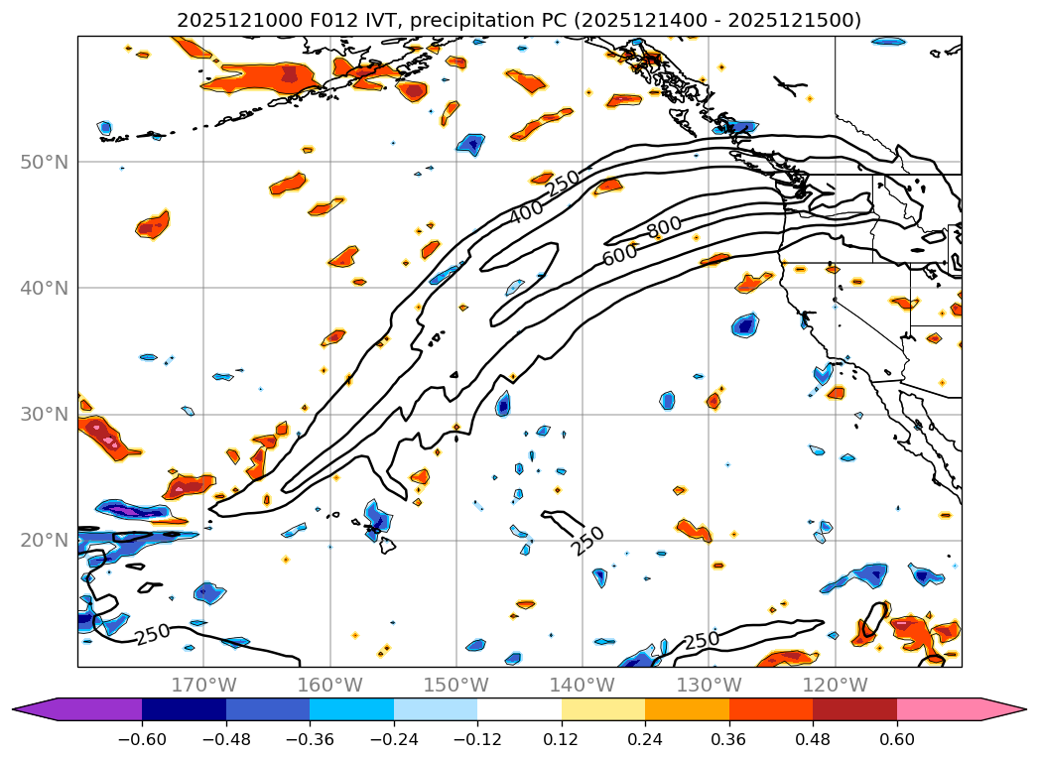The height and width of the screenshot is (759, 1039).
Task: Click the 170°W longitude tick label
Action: tap(203, 685)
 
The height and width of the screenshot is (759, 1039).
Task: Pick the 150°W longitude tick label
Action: tap(456, 685)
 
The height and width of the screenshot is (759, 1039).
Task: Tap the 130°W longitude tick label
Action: tap(709, 685)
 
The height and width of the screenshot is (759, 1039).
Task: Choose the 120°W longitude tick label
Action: tap(836, 685)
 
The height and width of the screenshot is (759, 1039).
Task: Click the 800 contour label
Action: tap(665, 227)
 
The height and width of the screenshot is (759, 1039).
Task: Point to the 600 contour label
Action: tap(620, 254)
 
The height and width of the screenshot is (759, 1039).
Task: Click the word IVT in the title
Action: tap(366, 21)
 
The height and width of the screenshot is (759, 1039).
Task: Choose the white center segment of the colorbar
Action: tap(519, 709)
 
